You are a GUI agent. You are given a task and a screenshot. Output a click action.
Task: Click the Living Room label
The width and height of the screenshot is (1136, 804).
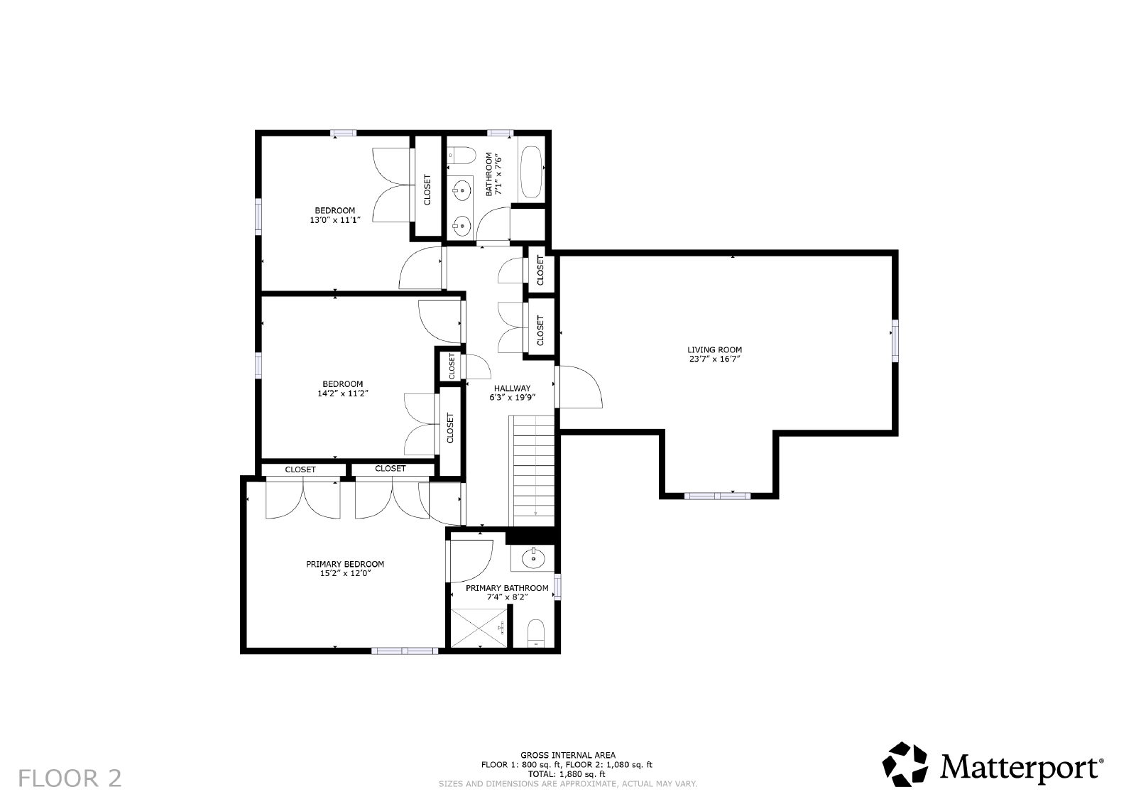[x=714, y=349]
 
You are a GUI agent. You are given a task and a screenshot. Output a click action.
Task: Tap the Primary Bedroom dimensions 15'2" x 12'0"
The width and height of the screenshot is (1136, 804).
[x=345, y=573]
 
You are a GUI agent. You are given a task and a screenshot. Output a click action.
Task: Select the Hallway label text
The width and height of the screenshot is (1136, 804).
[x=512, y=388]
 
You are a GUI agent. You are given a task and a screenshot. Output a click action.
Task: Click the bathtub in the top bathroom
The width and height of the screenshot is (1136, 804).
[x=531, y=172]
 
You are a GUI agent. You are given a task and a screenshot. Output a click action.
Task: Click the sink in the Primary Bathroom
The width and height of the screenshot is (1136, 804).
[x=533, y=559]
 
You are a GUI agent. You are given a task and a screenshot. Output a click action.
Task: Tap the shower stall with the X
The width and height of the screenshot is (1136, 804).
[x=479, y=628]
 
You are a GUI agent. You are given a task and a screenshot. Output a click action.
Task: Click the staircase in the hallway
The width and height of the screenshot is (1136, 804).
[x=532, y=471]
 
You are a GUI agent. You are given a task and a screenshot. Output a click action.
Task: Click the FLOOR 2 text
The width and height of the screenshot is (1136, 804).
[x=70, y=778]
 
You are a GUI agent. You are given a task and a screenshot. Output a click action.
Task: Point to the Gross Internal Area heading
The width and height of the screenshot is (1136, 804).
[x=568, y=755]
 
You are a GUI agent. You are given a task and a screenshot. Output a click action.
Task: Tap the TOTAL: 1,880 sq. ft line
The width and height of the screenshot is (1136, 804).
[x=567, y=774]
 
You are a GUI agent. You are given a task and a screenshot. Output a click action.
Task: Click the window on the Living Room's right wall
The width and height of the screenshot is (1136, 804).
[x=895, y=340]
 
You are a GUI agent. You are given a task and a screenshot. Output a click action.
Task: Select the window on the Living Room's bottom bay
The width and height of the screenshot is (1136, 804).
[x=717, y=496]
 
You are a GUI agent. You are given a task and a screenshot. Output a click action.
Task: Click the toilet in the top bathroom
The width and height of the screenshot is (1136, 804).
[x=461, y=155]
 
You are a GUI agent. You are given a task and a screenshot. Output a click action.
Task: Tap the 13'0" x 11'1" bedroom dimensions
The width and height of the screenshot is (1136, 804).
[x=335, y=220]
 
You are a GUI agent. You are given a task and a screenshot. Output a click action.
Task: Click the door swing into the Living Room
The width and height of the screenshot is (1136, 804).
[x=579, y=387]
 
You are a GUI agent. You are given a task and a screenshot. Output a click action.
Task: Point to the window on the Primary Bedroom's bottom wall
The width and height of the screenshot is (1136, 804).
[x=405, y=651]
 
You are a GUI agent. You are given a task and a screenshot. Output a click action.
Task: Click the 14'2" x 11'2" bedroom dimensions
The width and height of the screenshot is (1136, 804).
[x=343, y=393]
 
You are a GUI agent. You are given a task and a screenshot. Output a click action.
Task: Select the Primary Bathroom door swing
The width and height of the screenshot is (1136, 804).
[x=469, y=562]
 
